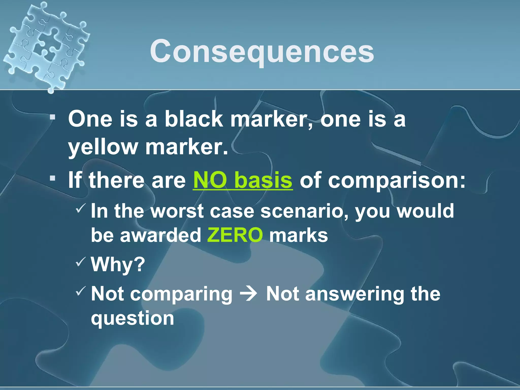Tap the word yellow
103,147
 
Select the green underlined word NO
210,180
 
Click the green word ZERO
235,235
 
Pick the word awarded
160,235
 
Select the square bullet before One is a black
53,117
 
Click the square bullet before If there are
53,178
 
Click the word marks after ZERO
299,235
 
